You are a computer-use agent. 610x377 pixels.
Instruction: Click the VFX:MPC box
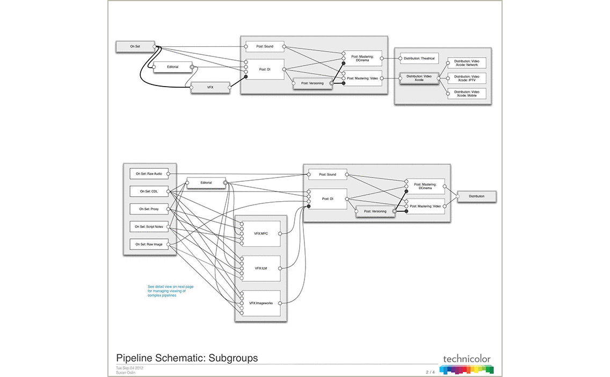click(x=260, y=234)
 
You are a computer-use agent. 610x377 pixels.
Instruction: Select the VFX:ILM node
click(x=260, y=268)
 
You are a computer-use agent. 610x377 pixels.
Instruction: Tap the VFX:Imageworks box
click(x=260, y=303)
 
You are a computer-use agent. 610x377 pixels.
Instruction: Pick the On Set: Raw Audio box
click(x=149, y=174)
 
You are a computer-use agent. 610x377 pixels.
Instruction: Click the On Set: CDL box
click(x=149, y=191)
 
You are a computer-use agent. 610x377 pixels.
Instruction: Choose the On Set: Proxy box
click(x=149, y=209)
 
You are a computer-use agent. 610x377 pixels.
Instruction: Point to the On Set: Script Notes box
click(x=149, y=227)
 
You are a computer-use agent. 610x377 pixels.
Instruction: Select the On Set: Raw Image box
click(x=149, y=245)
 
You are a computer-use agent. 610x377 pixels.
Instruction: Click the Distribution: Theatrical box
click(x=419, y=58)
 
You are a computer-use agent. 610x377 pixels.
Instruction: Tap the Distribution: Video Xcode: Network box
click(x=466, y=63)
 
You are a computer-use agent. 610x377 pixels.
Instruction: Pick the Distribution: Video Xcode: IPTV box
click(x=466, y=78)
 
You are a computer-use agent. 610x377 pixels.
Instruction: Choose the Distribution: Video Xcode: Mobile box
click(x=466, y=94)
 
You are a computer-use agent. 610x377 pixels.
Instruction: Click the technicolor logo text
click(x=467, y=359)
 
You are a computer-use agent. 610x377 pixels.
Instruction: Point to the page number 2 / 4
click(x=431, y=372)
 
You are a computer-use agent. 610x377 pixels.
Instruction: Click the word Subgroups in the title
click(x=233, y=358)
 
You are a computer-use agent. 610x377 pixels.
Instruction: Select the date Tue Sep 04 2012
click(x=129, y=368)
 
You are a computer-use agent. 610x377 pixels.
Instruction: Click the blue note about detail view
click(x=170, y=291)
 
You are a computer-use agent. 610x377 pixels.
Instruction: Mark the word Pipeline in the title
click(x=134, y=358)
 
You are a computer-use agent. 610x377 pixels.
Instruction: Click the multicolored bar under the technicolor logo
click(x=466, y=369)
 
